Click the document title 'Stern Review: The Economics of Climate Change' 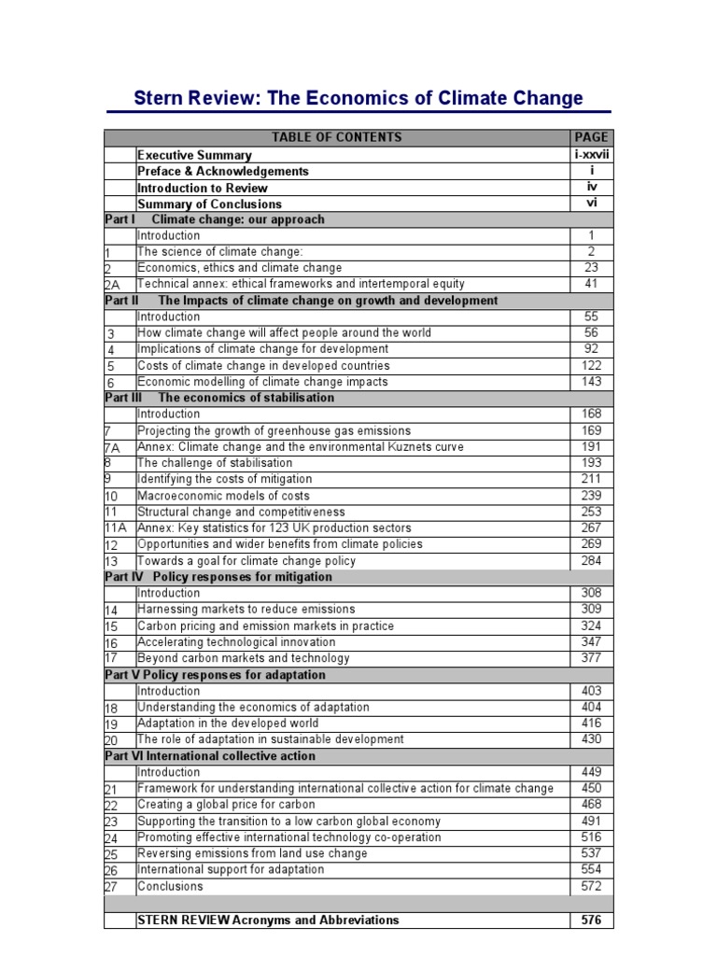click(358, 98)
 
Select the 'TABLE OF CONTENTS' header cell click(336, 137)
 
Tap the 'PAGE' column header click(592, 137)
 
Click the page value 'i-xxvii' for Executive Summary click(592, 154)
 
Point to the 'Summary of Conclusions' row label click(209, 204)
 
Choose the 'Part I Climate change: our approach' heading click(215, 219)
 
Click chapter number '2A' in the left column click(114, 285)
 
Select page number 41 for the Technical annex click(592, 284)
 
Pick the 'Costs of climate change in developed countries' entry click(263, 366)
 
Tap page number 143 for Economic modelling click(592, 382)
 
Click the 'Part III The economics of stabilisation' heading click(219, 398)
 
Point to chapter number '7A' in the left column click(113, 447)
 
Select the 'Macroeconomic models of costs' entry click(223, 496)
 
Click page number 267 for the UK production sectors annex click(592, 527)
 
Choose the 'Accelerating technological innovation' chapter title click(236, 642)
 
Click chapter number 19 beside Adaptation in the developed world click(112, 724)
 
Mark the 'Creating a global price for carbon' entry click(226, 804)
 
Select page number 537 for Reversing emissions click(592, 853)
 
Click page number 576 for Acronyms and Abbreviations click(592, 920)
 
